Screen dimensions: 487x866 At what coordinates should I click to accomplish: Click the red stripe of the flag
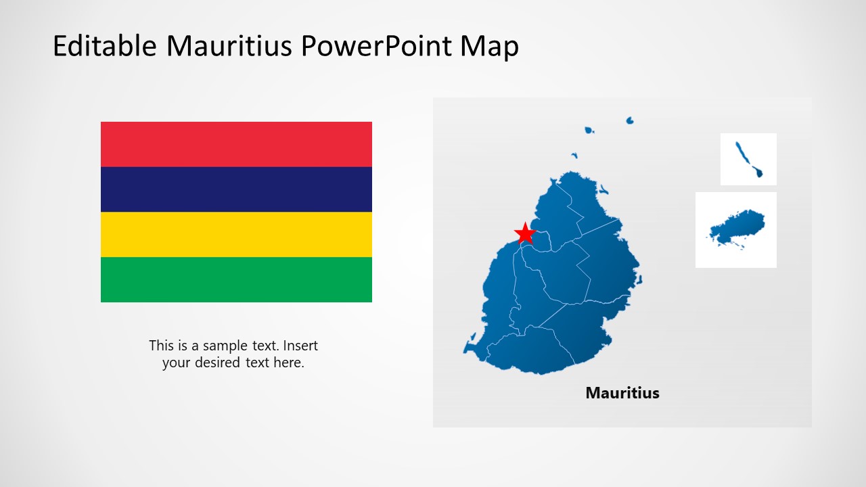236,144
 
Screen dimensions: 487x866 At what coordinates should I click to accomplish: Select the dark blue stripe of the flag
236,189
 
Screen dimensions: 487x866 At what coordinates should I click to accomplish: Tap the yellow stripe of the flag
236,234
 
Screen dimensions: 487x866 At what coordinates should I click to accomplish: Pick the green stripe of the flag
236,279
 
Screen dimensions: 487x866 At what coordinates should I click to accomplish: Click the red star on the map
525,233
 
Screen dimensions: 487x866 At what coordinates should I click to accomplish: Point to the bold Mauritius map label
622,393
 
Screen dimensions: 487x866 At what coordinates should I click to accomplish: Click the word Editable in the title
105,47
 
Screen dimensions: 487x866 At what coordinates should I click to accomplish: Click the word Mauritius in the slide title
230,47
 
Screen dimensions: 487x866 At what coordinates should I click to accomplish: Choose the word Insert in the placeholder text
298,346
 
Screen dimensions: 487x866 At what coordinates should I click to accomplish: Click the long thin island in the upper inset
749,160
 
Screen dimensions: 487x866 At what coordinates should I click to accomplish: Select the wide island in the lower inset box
739,227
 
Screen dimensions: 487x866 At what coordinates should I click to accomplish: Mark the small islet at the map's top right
630,120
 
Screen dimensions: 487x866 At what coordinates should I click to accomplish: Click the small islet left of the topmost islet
589,130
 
